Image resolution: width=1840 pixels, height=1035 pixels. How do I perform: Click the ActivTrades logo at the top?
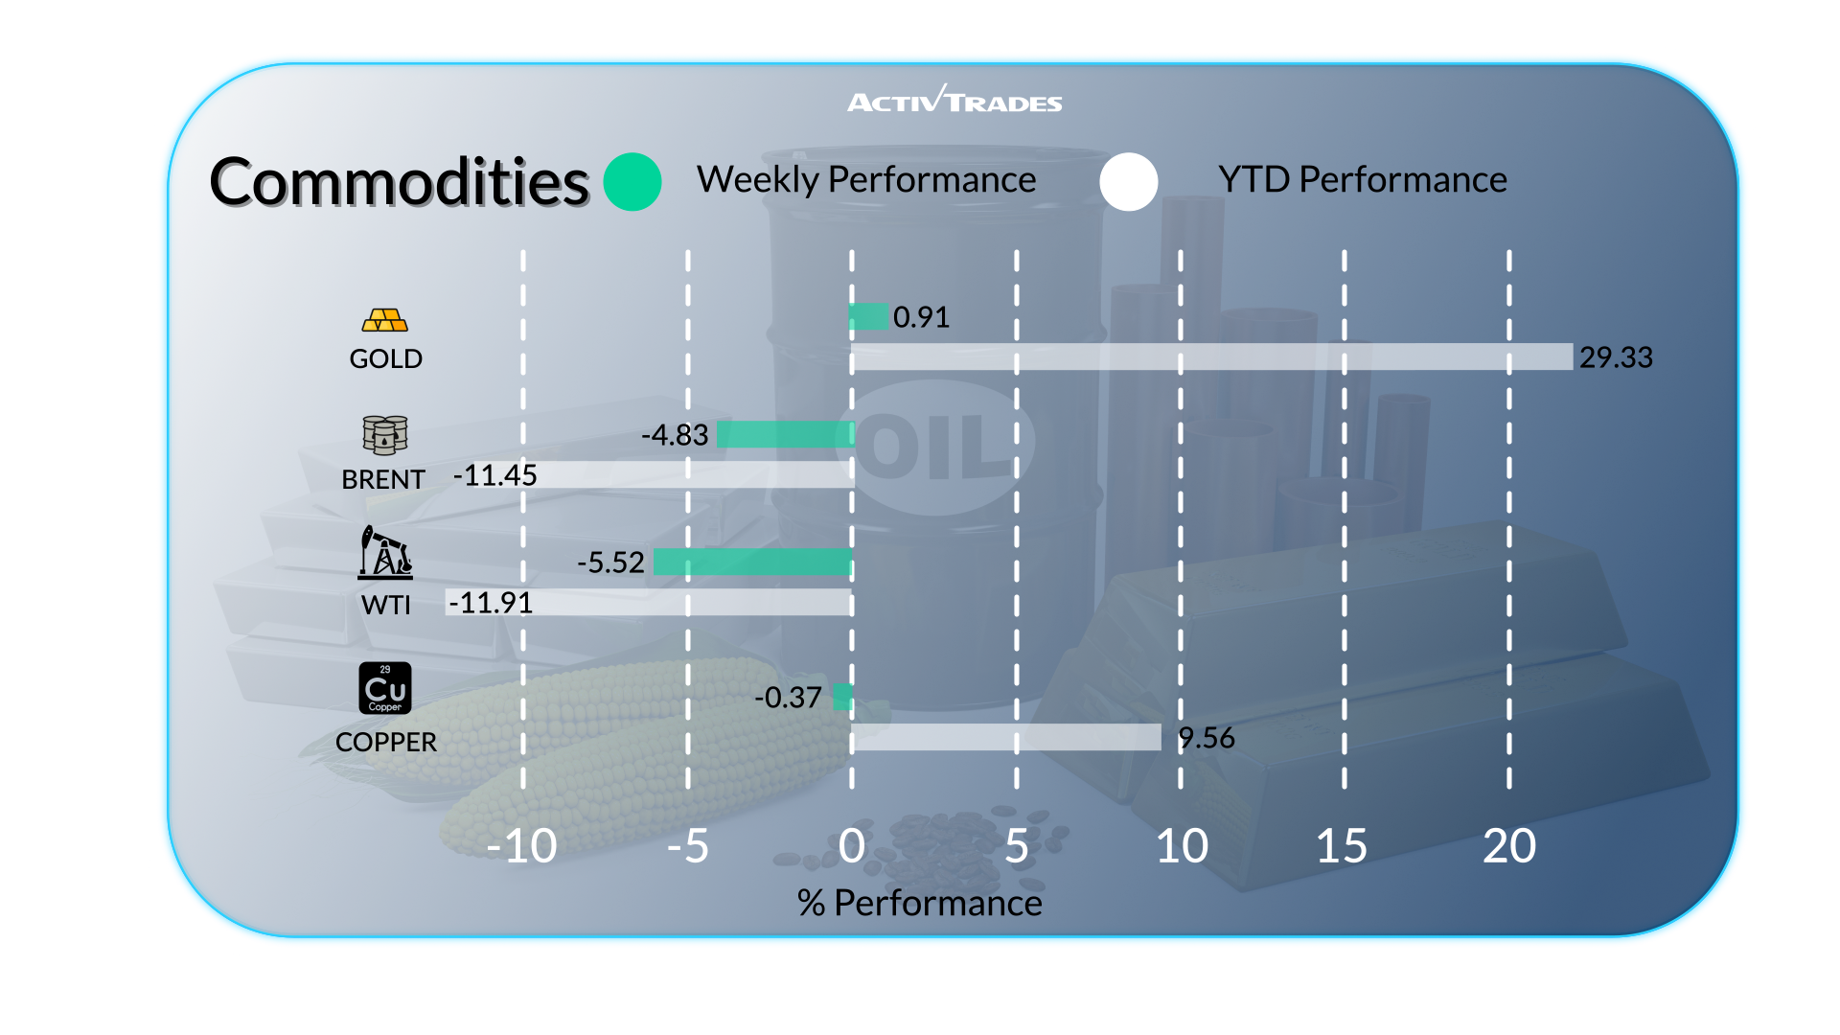pyautogui.click(x=954, y=101)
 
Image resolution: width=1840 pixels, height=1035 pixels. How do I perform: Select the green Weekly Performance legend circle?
pyautogui.click(x=632, y=181)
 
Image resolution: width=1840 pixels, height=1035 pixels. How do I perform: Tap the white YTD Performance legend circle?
pyautogui.click(x=1128, y=181)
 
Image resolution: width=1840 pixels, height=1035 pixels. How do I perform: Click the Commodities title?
pyautogui.click(x=399, y=182)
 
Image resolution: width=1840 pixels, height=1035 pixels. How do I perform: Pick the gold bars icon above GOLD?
pyautogui.click(x=385, y=320)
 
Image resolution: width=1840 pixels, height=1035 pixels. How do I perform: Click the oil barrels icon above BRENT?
pyautogui.click(x=385, y=434)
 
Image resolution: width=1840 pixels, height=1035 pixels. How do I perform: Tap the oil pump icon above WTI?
pyautogui.click(x=385, y=553)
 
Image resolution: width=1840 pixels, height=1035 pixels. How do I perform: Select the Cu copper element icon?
pyautogui.click(x=385, y=688)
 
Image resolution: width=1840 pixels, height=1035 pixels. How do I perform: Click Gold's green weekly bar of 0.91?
pyautogui.click(x=869, y=316)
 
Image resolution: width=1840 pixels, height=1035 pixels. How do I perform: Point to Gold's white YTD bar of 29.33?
pyautogui.click(x=1211, y=356)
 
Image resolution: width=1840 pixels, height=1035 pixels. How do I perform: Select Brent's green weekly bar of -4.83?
pyautogui.click(x=785, y=434)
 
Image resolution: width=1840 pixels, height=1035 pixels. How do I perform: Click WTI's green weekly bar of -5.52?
pyautogui.click(x=752, y=562)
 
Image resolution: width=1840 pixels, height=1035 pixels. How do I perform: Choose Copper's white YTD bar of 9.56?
pyautogui.click(x=1006, y=737)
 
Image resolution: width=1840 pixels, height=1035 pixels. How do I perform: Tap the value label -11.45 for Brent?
pyautogui.click(x=494, y=475)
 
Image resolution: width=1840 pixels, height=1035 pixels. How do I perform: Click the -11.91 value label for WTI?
pyautogui.click(x=491, y=603)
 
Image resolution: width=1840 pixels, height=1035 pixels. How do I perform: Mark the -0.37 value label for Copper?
pyautogui.click(x=788, y=698)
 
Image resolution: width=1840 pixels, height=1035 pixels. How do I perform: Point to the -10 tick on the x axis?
pyautogui.click(x=521, y=846)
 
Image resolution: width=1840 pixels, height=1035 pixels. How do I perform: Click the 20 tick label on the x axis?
pyautogui.click(x=1508, y=846)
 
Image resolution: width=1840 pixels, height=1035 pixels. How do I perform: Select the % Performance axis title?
pyautogui.click(x=919, y=903)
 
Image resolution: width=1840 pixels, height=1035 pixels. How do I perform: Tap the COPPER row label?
pyautogui.click(x=386, y=742)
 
